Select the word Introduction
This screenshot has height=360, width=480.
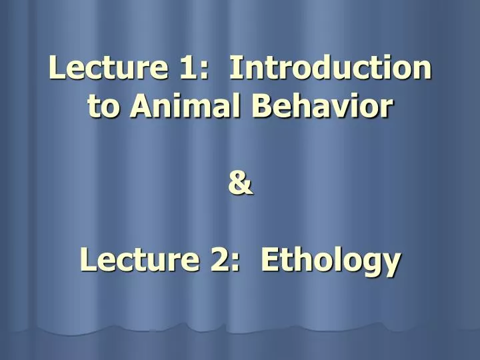330,69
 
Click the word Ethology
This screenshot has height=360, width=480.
331,260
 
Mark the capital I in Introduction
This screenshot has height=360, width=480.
234,69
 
